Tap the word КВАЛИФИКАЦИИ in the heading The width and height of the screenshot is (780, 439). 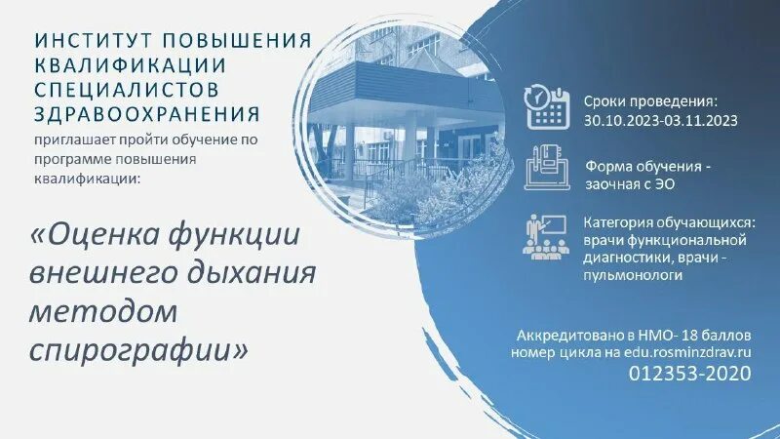[131, 64]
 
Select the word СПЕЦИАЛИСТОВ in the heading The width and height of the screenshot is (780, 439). [130, 88]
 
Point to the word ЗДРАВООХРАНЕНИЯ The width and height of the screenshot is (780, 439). [145, 112]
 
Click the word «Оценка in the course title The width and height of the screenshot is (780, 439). [100, 237]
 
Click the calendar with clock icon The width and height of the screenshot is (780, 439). [548, 107]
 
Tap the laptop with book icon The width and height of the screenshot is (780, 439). [547, 168]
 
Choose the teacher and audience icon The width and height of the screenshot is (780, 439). [546, 235]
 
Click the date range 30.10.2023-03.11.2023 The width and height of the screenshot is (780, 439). [661, 121]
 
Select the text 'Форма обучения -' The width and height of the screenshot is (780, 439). [648, 165]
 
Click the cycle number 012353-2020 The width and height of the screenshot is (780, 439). [689, 373]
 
